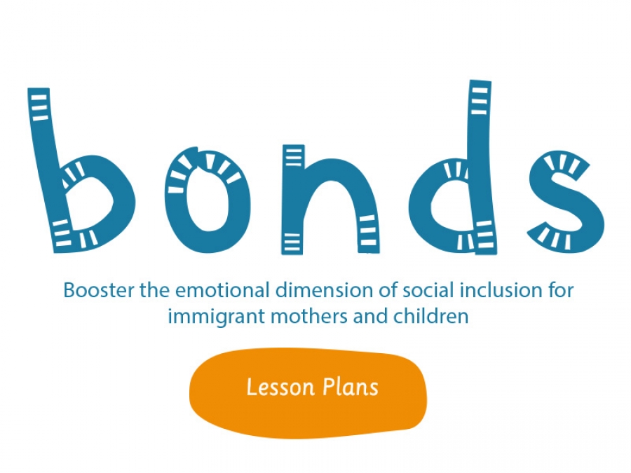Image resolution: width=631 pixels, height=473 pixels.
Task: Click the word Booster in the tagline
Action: click(99, 290)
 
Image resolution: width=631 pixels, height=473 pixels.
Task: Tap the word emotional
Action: click(222, 290)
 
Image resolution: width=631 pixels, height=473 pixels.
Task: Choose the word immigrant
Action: click(217, 317)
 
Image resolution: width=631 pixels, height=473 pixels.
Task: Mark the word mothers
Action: click(309, 316)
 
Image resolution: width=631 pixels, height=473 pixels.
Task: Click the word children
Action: click(431, 316)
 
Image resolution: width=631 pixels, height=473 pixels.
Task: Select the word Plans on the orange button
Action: click(351, 388)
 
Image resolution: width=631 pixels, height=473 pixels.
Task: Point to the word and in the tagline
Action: click(371, 316)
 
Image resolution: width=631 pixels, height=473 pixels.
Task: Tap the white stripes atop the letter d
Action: click(480, 99)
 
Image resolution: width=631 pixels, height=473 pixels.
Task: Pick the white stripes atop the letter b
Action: click(39, 107)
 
